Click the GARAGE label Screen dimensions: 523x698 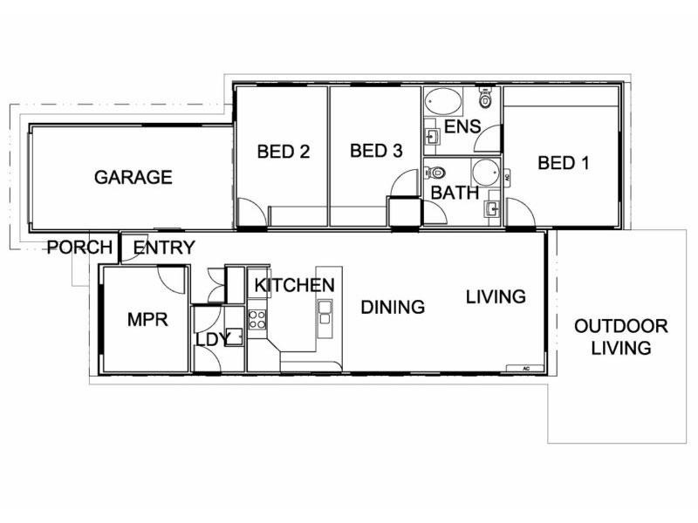tap(133, 177)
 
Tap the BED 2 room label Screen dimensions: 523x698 tap(284, 152)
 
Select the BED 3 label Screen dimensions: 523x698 tap(375, 151)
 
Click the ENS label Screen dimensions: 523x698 tap(462, 126)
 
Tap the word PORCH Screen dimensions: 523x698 tap(80, 248)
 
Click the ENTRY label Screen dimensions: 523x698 tap(164, 248)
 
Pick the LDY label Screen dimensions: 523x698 tap(212, 338)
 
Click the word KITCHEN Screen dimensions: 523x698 tap(294, 285)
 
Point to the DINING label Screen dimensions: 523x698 tap(393, 307)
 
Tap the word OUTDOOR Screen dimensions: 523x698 tap(620, 327)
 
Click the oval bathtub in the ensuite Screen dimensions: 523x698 tap(446, 105)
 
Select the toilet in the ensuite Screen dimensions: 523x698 tap(487, 101)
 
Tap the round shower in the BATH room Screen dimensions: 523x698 tap(484, 170)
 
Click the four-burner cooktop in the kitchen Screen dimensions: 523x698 tap(258, 319)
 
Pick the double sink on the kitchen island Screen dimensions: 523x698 tap(325, 311)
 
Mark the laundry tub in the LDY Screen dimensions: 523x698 tap(233, 338)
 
